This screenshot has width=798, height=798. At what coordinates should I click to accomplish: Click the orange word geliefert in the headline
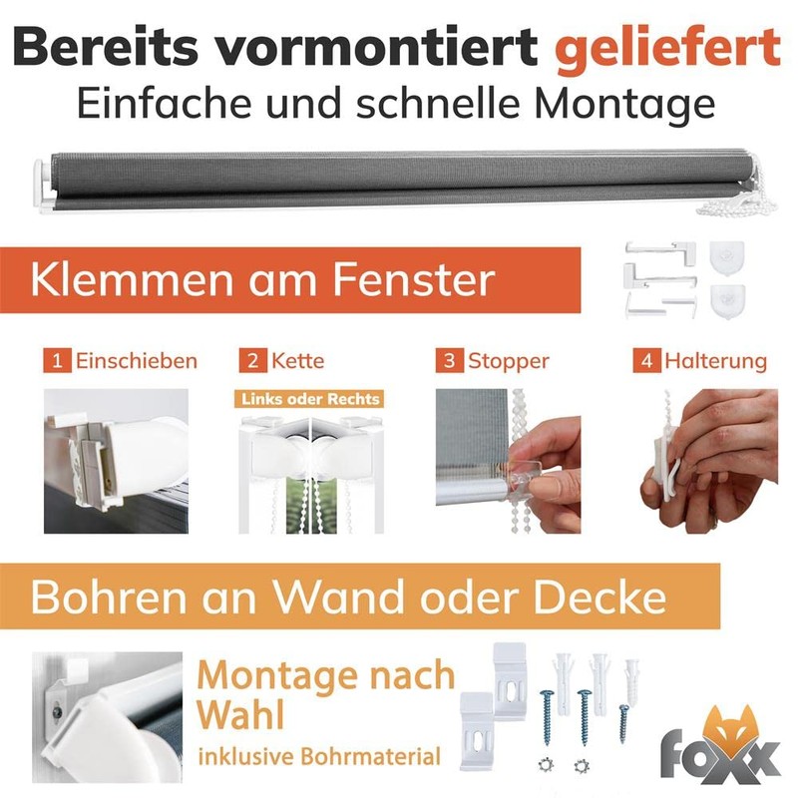(667, 49)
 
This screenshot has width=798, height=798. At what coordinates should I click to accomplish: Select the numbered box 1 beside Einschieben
(57, 361)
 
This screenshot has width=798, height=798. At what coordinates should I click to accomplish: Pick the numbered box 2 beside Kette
(253, 361)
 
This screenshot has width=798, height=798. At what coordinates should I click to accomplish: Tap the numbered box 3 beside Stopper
(450, 361)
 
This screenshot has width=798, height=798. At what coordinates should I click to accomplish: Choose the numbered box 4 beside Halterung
(646, 361)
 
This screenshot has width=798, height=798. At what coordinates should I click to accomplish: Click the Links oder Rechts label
(310, 399)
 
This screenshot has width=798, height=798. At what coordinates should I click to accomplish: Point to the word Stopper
(509, 362)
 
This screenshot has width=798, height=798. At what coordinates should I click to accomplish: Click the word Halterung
(715, 362)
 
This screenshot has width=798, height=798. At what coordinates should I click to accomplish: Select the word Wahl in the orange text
(240, 715)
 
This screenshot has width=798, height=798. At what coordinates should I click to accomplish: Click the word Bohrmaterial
(370, 757)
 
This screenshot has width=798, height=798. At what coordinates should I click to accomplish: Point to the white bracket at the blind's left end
(44, 186)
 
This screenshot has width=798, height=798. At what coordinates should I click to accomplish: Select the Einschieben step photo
(116, 462)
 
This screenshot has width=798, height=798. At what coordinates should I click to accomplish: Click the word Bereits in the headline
(105, 47)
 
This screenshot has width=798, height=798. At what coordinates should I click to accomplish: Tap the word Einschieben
(137, 361)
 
